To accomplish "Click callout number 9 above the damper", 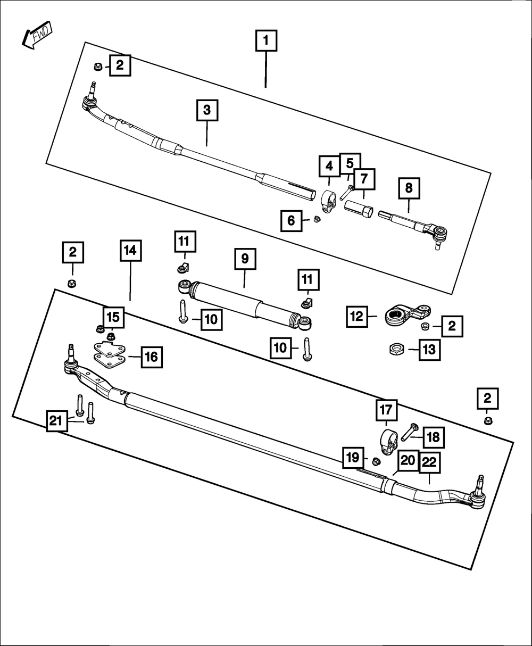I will click(245, 259).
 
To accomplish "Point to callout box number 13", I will click(429, 350).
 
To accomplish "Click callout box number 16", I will click(152, 357).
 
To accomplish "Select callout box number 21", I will click(57, 421).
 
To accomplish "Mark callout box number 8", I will click(409, 188).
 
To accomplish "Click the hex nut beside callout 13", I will click(396, 349).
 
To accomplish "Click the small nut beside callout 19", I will click(375, 460).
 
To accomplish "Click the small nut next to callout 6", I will click(317, 219).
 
